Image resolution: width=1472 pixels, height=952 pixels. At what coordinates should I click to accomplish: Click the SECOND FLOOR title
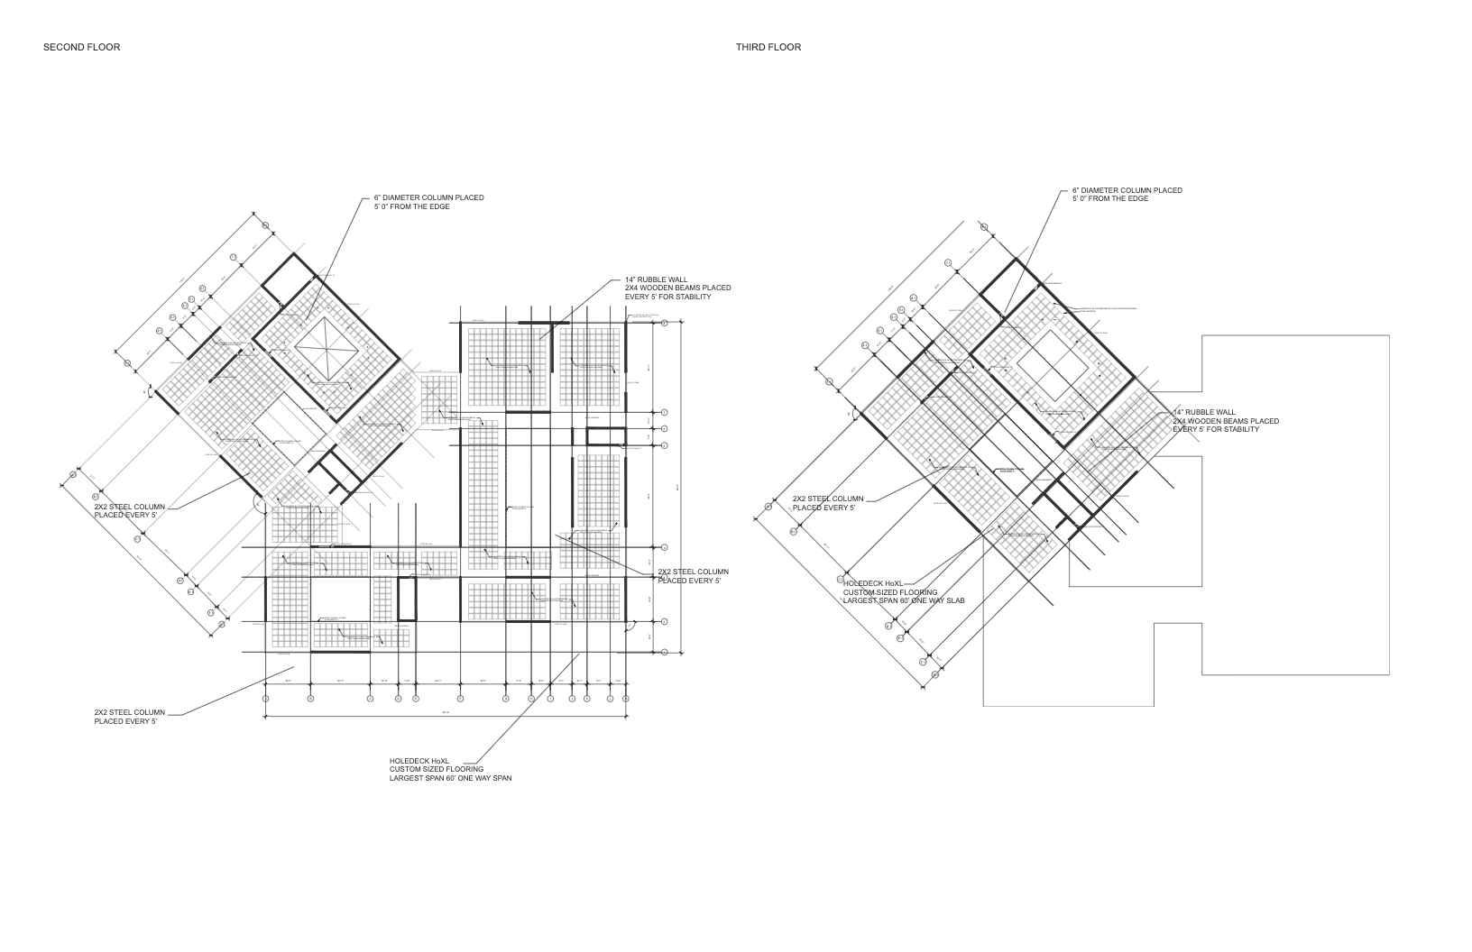pos(81,47)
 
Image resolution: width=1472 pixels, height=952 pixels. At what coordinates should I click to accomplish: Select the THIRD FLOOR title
pos(768,47)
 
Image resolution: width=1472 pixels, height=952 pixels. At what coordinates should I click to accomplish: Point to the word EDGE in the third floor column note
pos(1137,198)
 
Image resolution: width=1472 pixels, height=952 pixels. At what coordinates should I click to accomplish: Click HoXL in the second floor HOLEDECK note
pos(439,761)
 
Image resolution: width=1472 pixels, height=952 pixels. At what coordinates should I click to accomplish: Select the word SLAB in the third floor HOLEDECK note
pos(955,600)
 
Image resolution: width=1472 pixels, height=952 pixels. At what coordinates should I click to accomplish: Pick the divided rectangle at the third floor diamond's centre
pos(1054,364)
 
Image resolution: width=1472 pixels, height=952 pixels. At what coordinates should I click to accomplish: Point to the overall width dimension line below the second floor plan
pos(446,717)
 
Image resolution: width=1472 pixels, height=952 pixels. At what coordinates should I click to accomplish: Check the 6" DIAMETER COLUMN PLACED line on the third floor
pos(1127,190)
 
